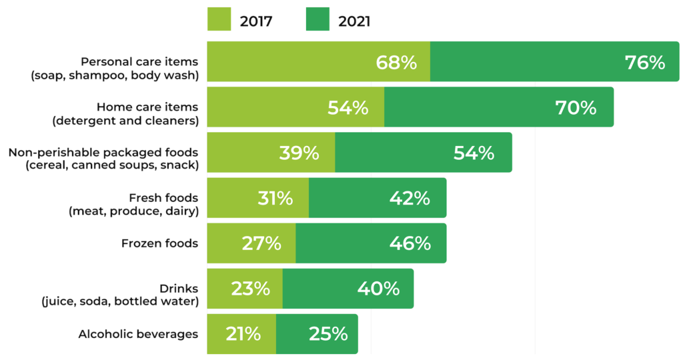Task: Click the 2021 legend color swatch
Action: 318,20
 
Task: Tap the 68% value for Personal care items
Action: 396,63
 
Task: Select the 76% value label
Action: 645,63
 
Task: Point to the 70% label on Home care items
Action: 576,108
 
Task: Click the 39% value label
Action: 299,153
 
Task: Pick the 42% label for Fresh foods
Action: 410,198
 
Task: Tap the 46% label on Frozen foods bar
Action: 410,243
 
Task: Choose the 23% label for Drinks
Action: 251,289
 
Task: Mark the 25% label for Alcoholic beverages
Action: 328,334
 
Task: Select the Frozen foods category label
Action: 159,243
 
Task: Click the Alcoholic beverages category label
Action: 138,334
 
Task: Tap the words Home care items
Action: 147,107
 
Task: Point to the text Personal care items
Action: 139,61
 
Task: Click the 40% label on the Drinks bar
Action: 378,289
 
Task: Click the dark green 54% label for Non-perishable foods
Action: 474,153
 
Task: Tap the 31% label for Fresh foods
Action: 275,198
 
